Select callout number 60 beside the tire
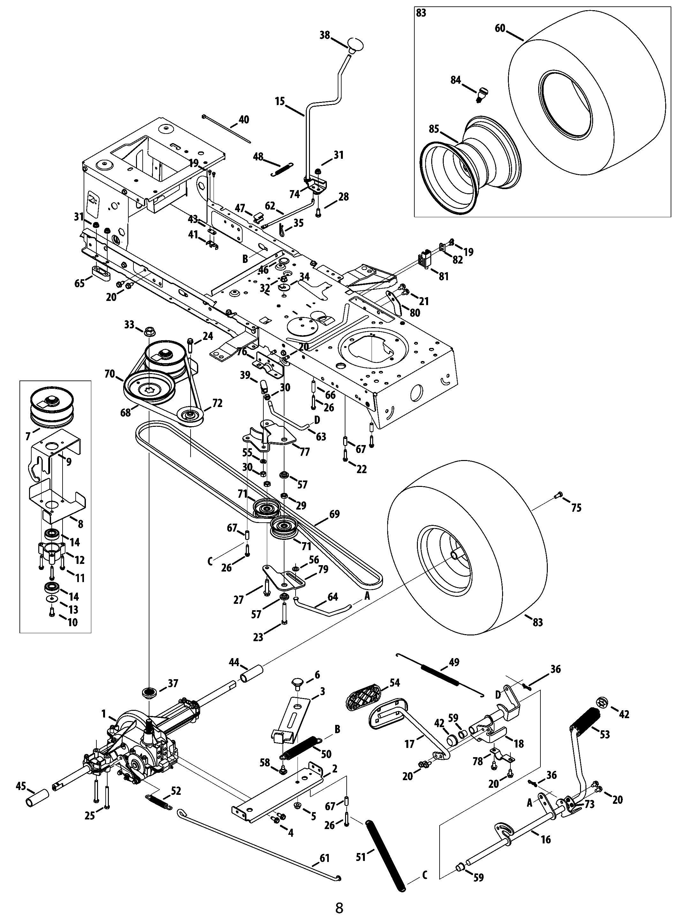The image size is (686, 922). [500, 28]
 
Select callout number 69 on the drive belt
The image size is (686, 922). [334, 514]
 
